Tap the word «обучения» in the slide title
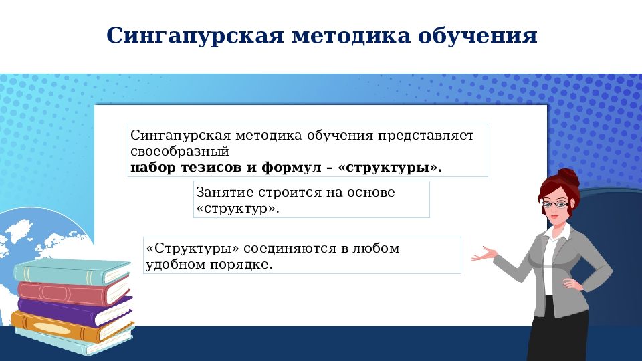pos(477,36)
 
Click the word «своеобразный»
pos(180,152)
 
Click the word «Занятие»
pos(222,193)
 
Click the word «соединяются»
pos(292,249)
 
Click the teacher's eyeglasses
pos(554,203)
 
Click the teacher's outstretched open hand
pos(484,254)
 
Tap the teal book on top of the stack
pos(70,271)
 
